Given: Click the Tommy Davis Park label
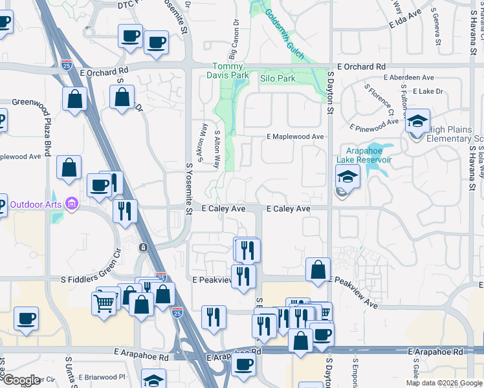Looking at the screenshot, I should point(230,71).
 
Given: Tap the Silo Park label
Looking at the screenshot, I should point(277,78).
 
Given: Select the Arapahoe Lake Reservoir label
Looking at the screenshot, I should point(364,155).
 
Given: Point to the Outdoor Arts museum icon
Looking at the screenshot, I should point(71,206).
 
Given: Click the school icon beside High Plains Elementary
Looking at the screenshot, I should point(417,121).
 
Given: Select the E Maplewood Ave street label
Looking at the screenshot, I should point(295,136).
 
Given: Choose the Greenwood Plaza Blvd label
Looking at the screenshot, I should point(47,129).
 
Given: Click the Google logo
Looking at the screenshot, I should point(21,380).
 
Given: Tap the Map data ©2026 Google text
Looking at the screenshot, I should point(444,383).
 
